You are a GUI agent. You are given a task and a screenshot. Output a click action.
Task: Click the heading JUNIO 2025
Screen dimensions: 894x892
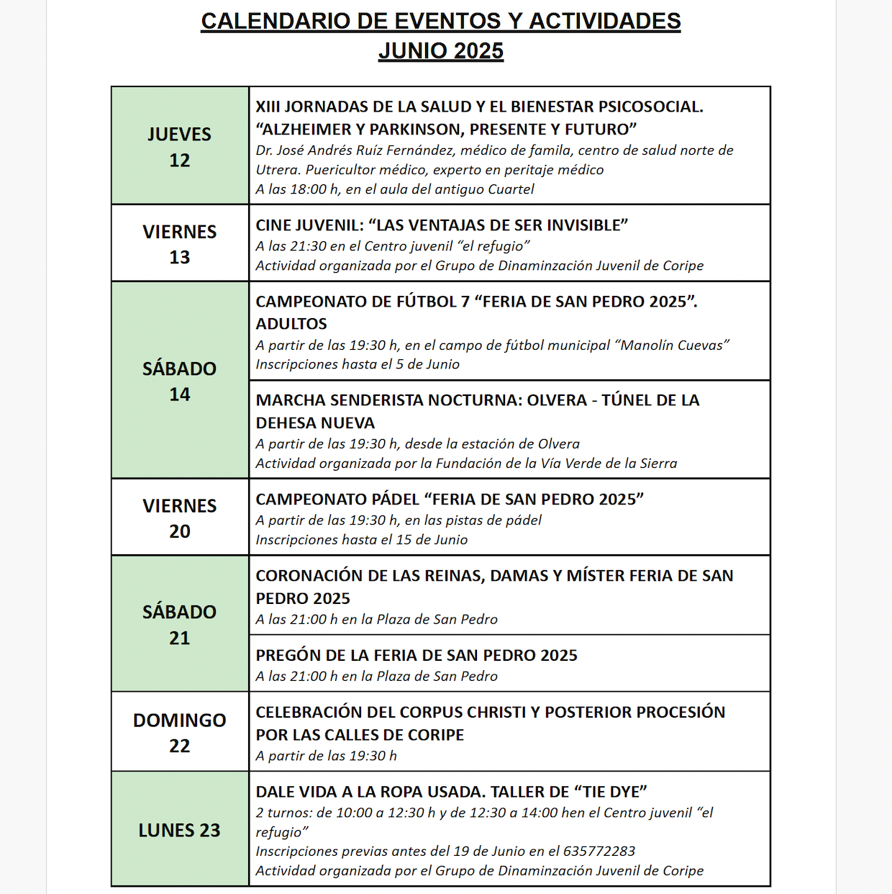(x=441, y=51)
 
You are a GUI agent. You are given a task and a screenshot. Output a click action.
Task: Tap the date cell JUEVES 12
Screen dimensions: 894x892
(x=180, y=146)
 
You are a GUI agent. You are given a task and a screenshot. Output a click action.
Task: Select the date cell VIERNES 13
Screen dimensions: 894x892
(x=180, y=243)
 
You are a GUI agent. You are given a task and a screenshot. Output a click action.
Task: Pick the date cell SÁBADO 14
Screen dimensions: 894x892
(x=180, y=380)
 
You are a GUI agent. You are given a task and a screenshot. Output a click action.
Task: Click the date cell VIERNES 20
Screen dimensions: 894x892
(x=180, y=518)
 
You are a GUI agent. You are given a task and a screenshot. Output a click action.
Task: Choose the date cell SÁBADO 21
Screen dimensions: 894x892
(x=180, y=623)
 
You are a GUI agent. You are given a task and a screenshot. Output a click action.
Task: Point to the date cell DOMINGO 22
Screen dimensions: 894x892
(x=180, y=732)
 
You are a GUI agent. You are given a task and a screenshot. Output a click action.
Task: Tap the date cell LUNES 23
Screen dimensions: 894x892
(x=180, y=830)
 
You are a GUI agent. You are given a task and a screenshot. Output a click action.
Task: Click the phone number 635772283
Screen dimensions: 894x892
(x=599, y=851)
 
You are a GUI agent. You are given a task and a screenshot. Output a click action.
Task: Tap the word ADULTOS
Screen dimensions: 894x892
(x=291, y=324)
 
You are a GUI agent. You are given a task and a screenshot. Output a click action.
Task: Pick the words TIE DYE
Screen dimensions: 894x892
(x=610, y=792)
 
